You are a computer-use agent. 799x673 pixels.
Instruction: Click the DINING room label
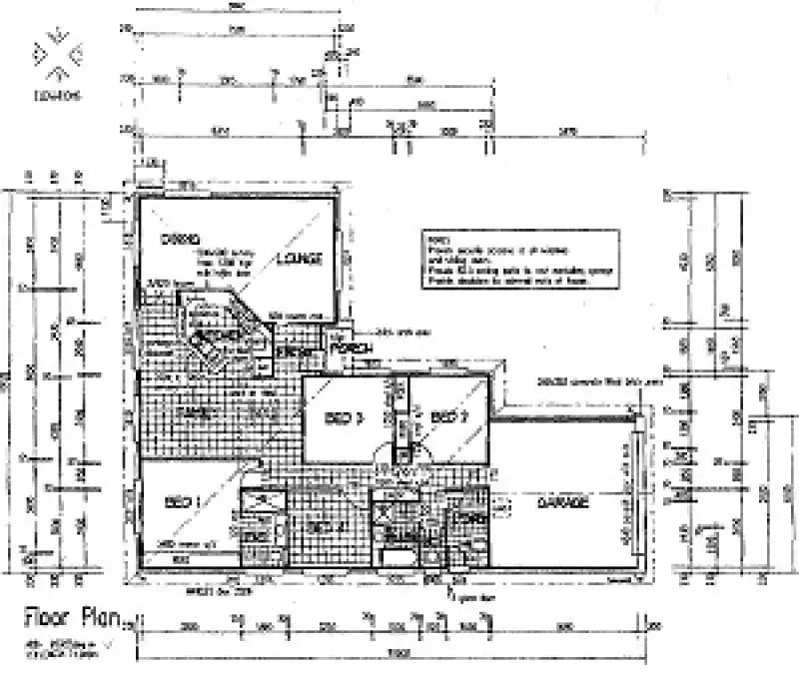[181, 240]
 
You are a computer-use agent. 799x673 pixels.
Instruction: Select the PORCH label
[352, 346]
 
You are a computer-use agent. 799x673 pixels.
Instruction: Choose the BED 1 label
[183, 502]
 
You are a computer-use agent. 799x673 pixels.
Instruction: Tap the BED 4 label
[319, 526]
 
